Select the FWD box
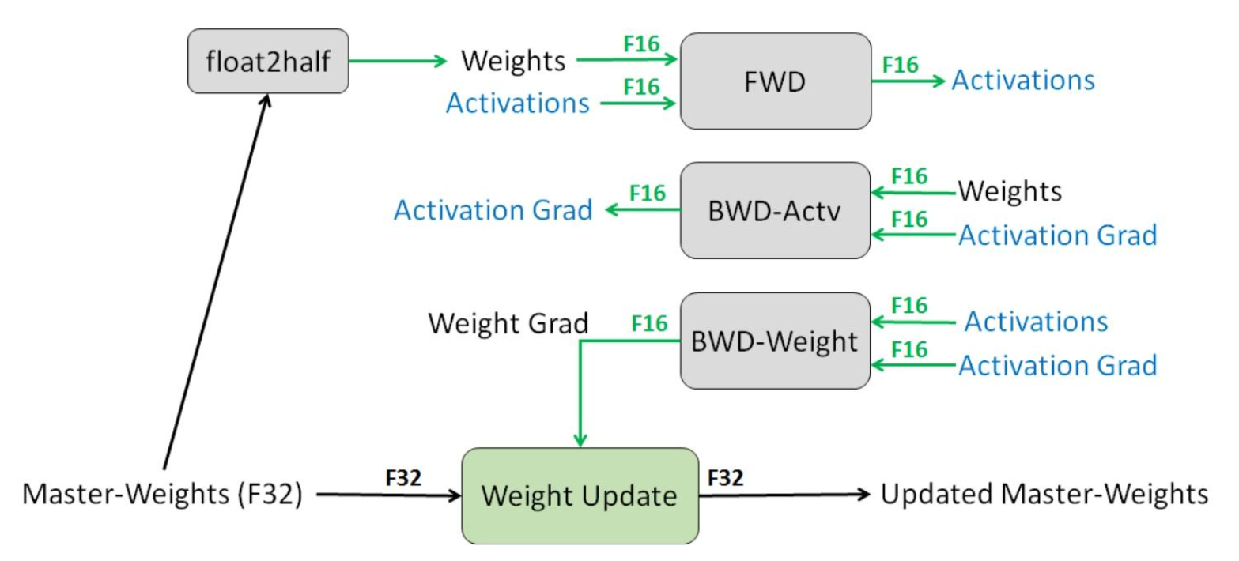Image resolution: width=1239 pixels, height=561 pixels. point(775,81)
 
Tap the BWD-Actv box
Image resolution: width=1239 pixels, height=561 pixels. point(775,211)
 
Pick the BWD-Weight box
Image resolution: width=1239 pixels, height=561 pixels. point(775,341)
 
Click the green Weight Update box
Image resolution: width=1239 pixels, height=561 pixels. point(580,496)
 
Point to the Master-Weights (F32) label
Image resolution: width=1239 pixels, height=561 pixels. point(162,496)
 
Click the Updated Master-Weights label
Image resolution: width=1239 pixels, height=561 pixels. point(1044,495)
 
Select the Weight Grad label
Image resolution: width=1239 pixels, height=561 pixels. point(508,322)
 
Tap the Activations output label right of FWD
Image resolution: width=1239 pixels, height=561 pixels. point(1023,80)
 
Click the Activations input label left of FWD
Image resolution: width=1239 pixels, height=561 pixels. point(518,103)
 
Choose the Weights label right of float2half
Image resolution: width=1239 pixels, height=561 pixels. point(514,61)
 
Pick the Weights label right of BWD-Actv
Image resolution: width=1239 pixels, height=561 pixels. point(1010,190)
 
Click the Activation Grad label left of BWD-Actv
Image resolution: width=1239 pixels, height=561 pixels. point(493,210)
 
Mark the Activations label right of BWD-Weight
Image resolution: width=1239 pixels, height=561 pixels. point(1036,322)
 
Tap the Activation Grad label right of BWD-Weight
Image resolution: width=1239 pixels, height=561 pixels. point(1057,365)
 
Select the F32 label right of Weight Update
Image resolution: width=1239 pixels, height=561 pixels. point(726,477)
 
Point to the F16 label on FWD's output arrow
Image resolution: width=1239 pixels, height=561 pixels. point(901,65)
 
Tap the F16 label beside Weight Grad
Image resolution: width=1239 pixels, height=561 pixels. point(649,322)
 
